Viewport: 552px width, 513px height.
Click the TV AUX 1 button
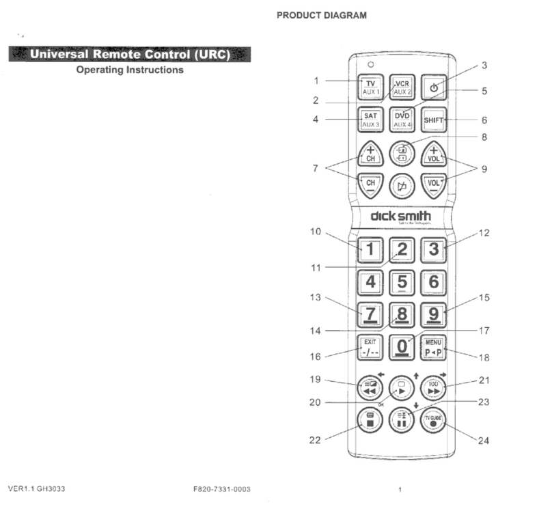pyautogui.click(x=370, y=86)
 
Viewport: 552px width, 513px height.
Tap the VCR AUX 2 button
pyautogui.click(x=402, y=86)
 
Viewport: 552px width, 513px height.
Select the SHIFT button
pyautogui.click(x=433, y=120)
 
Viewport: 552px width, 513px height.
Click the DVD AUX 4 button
pyautogui.click(x=402, y=120)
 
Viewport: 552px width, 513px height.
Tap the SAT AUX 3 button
pyautogui.click(x=370, y=120)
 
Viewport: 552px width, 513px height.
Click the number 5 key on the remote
pyautogui.click(x=402, y=281)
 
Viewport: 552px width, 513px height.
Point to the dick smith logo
pyautogui.click(x=401, y=217)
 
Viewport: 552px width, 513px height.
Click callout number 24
pyautogui.click(x=484, y=441)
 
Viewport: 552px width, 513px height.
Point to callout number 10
pyautogui.click(x=315, y=232)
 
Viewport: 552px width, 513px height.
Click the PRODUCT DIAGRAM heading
pyautogui.click(x=321, y=15)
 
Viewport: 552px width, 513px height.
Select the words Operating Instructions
pyautogui.click(x=129, y=70)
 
